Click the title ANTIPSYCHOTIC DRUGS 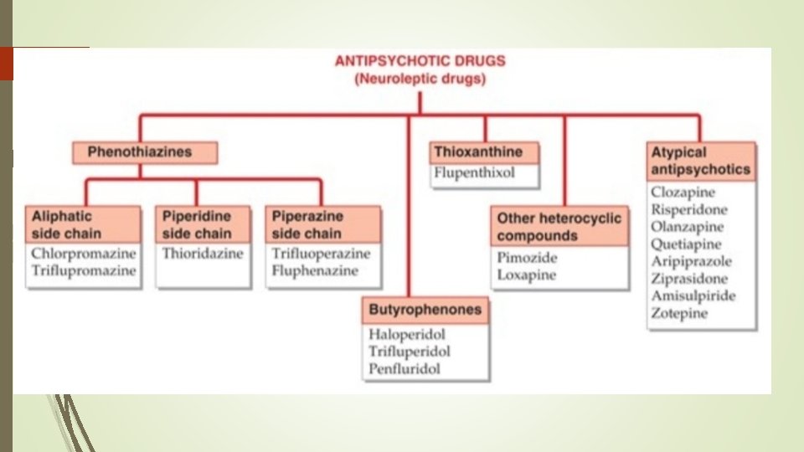coord(420,61)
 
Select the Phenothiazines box coord(144,152)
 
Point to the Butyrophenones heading coord(425,310)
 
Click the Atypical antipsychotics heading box coord(701,161)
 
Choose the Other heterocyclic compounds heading coord(559,227)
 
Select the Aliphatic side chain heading coord(82,224)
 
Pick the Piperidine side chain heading coord(203,224)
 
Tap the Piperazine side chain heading coord(322,224)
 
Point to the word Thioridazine coord(203,254)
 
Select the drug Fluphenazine coord(315,271)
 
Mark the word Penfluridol coord(405,369)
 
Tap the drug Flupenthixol coord(474,174)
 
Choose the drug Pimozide coord(528,258)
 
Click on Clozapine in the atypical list coord(683,193)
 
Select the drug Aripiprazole coord(691,262)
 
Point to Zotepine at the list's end coord(679,314)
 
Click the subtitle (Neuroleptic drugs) coord(420,80)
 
